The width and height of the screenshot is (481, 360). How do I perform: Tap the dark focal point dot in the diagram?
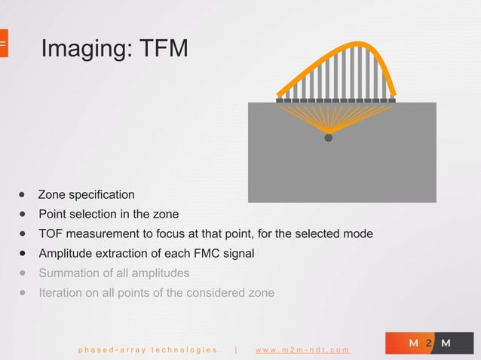click(328, 138)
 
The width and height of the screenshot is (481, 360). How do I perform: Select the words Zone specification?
click(86, 194)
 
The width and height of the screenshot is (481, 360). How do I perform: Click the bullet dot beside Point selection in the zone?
click(23, 214)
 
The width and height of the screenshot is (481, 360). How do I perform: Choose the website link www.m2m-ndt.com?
click(302, 349)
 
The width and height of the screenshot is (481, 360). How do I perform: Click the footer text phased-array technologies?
click(147, 349)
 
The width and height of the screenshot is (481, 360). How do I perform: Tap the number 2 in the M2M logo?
click(430, 343)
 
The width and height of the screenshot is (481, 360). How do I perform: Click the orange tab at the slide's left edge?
click(3, 44)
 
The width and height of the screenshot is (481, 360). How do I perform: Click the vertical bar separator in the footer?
click(237, 349)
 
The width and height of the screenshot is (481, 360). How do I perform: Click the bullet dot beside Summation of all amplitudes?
click(23, 273)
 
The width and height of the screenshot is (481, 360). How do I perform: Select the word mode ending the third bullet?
click(358, 233)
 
